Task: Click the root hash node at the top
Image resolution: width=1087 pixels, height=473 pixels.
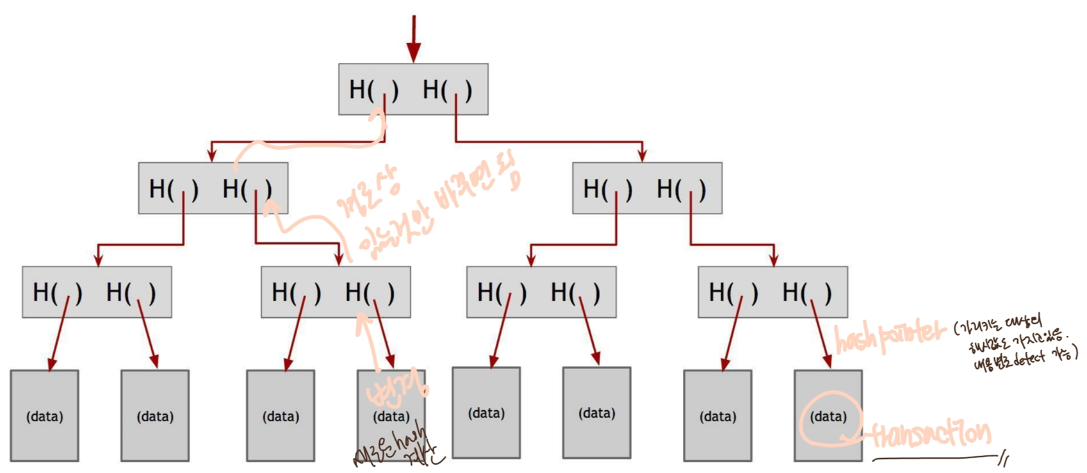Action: point(413,89)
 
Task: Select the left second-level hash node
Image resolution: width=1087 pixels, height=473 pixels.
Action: point(213,188)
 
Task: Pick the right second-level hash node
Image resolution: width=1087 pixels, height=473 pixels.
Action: point(647,188)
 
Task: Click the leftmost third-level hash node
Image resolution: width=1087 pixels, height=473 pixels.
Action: point(97,292)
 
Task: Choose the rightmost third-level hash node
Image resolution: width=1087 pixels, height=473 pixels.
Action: point(772,292)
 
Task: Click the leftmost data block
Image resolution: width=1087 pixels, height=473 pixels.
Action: point(44,415)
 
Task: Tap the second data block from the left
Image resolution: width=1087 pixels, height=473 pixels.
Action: point(155,415)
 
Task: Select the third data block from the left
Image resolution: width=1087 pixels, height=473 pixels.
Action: point(281,415)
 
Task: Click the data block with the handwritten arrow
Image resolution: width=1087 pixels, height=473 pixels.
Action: point(391,415)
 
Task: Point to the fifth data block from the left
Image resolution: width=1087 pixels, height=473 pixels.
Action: point(486,413)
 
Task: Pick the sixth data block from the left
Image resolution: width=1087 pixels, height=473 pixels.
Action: point(596,413)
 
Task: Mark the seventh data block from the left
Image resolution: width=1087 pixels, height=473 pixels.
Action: point(717,415)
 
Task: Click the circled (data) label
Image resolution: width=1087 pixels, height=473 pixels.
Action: point(829,417)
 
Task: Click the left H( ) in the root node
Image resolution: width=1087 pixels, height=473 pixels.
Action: point(373,90)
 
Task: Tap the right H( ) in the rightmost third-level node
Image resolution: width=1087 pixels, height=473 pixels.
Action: point(807,292)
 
